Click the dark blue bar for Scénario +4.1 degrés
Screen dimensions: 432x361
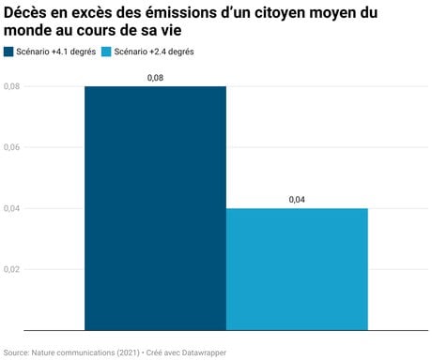(155, 208)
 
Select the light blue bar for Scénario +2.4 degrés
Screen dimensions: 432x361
(297, 269)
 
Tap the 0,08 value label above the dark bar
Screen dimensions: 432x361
(155, 78)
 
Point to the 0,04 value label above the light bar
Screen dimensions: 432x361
(297, 200)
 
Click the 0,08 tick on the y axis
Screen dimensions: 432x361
(12, 86)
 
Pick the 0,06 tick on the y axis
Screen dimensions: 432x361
(12, 147)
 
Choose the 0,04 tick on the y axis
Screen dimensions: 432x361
(12, 208)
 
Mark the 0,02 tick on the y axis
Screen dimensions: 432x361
(12, 269)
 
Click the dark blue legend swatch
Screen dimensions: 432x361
(8, 52)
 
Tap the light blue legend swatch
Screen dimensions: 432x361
(106, 52)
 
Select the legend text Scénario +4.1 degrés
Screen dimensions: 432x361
(56, 52)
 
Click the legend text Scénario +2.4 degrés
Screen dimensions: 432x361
(154, 52)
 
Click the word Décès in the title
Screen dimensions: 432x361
(24, 13)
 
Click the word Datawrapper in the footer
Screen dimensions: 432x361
(204, 353)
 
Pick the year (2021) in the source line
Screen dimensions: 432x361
(128, 353)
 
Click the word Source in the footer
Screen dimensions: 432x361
(15, 353)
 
